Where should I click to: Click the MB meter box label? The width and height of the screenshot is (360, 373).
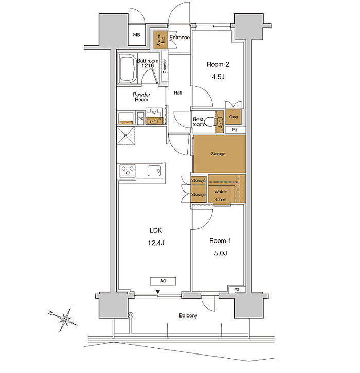(136, 35)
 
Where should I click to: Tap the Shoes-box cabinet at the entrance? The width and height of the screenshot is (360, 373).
(160, 40)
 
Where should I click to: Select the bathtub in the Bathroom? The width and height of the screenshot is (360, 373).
(128, 69)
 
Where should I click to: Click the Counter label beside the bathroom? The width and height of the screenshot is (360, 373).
(165, 66)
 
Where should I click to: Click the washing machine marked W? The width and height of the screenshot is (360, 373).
(154, 116)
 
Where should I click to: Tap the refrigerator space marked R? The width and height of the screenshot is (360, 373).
(125, 136)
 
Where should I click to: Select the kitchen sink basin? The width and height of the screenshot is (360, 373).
(154, 171)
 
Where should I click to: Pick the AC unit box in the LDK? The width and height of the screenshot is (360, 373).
(163, 281)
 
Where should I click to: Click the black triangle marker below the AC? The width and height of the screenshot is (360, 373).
(158, 292)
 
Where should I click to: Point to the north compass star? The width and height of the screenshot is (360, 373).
(65, 319)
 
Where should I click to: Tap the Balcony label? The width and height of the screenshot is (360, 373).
(188, 315)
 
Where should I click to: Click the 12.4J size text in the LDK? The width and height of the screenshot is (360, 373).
(156, 243)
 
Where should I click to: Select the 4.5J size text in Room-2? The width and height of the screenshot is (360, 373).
(218, 77)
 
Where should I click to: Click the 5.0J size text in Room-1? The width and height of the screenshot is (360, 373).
(221, 253)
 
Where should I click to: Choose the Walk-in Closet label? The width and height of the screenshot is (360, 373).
(221, 196)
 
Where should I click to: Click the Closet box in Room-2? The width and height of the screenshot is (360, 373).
(233, 117)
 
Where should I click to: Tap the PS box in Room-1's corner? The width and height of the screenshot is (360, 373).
(237, 289)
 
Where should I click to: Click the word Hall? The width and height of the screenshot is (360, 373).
(178, 93)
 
